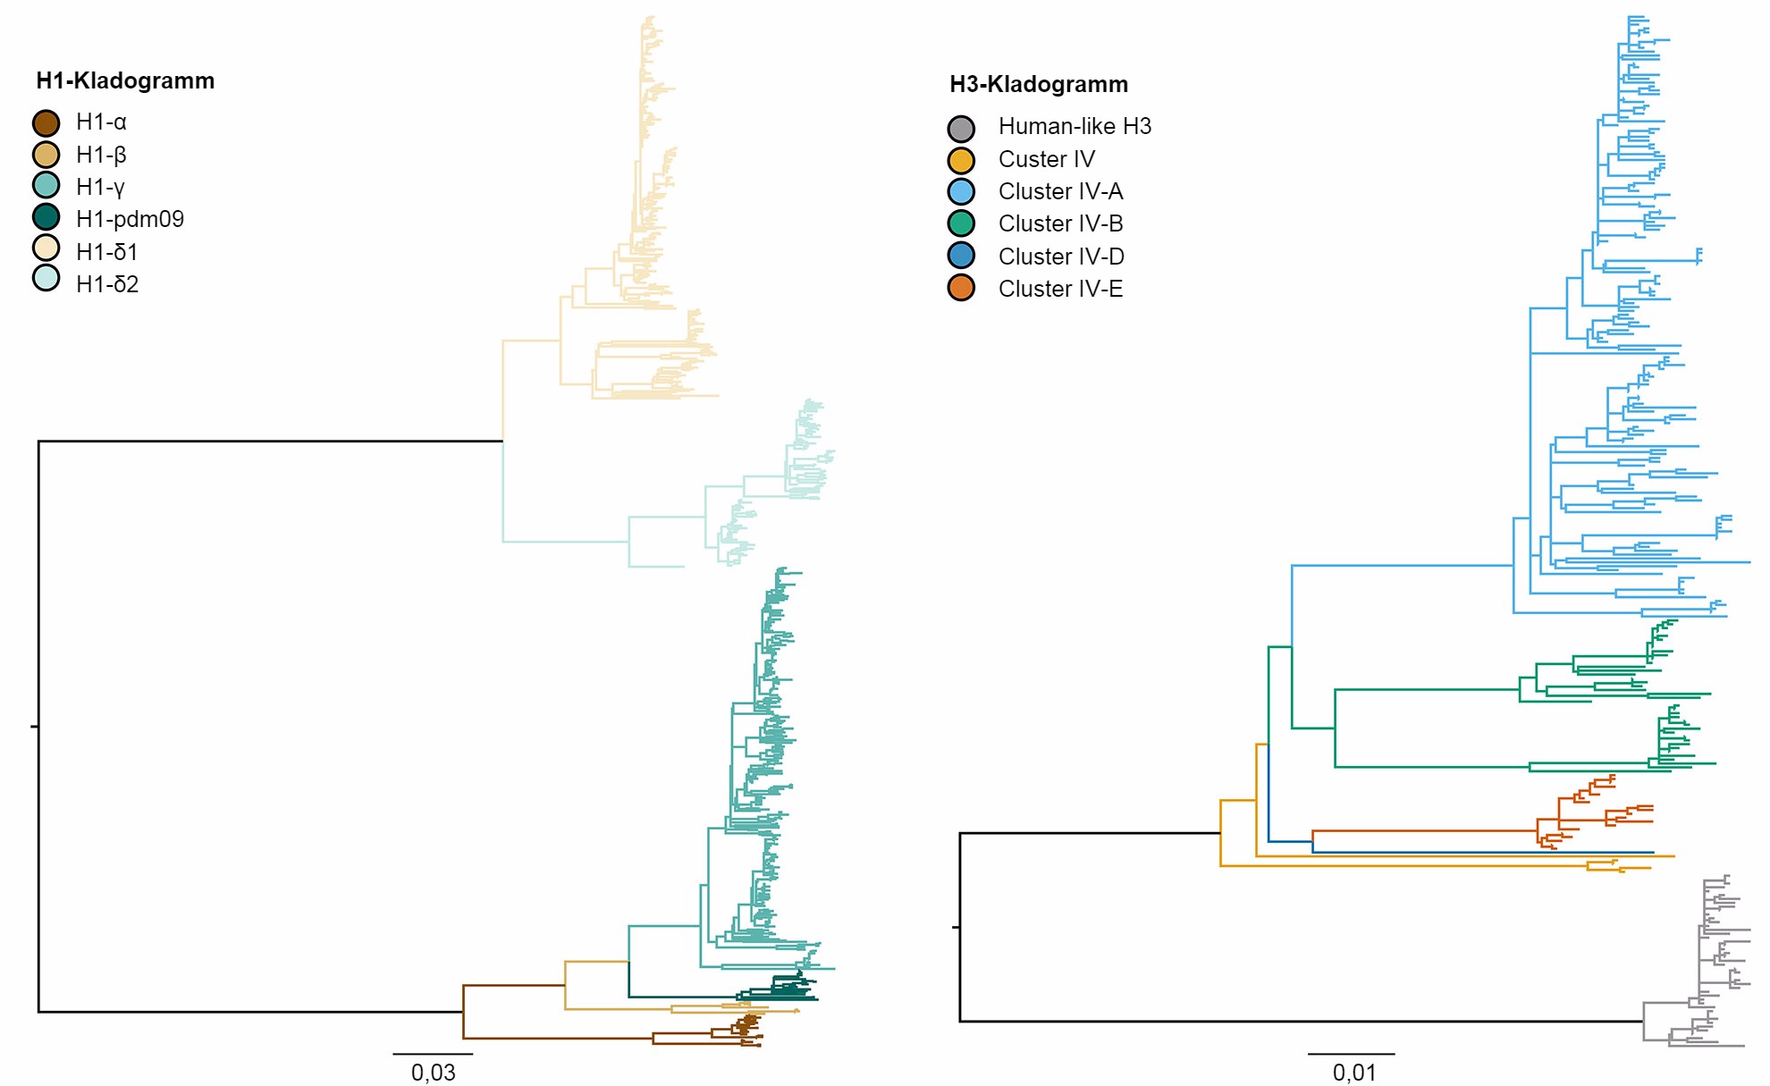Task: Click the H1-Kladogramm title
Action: point(125,81)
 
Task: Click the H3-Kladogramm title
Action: point(1039,85)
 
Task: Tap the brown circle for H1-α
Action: point(46,122)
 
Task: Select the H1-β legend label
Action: point(101,155)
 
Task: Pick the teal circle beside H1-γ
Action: point(46,185)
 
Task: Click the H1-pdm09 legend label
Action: point(130,219)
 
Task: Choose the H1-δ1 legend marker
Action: point(46,248)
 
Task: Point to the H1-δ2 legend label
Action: point(107,284)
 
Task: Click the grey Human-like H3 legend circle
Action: point(961,128)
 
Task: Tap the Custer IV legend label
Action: point(1046,159)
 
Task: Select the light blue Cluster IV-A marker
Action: point(961,191)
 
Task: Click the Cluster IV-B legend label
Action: point(1060,223)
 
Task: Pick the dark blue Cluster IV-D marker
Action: point(961,256)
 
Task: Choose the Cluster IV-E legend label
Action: point(1060,289)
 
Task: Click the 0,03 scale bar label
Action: point(433,1072)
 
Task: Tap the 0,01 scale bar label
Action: point(1353,1072)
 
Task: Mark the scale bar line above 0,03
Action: point(433,1055)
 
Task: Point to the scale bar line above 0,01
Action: point(1351,1055)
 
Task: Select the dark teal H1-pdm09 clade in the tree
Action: point(778,992)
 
